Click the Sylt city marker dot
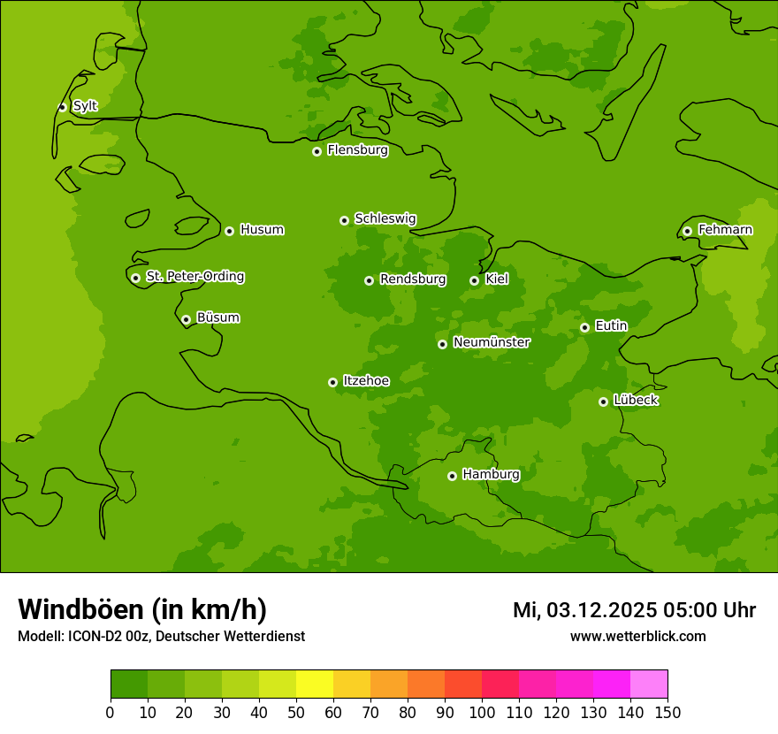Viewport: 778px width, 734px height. coord(62,107)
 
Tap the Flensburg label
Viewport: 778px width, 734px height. coord(357,150)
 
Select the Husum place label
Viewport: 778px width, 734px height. coord(262,230)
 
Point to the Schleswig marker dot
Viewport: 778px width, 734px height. coord(344,220)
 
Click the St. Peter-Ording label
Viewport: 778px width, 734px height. coord(194,277)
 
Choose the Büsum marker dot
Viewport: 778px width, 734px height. coord(186,319)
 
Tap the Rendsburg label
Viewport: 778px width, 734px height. coord(413,279)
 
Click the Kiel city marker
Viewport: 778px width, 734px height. coord(474,280)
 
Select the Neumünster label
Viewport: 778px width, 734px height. coord(492,342)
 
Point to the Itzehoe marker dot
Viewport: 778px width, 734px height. coord(332,382)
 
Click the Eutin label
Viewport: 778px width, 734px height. coord(611,326)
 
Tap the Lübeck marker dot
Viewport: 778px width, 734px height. coord(603,401)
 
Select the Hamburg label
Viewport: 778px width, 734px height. coord(491,475)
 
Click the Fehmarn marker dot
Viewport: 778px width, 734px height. coord(687,231)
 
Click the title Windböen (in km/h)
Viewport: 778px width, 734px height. coord(142,609)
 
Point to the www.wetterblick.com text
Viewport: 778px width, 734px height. coord(637,636)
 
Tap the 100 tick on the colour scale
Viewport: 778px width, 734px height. coord(482,712)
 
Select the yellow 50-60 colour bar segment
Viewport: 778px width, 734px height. coord(315,684)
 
